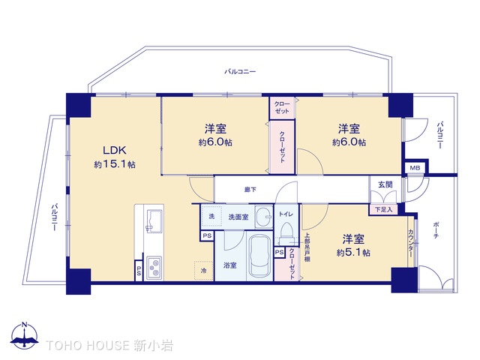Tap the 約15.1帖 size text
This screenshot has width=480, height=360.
pyautogui.click(x=115, y=164)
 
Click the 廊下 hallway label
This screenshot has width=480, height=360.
pyautogui.click(x=250, y=190)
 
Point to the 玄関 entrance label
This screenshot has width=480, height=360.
pyautogui.click(x=385, y=184)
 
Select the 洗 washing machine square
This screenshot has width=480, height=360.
pyautogui.click(x=211, y=216)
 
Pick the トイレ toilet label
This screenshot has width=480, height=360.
pyautogui.click(x=286, y=214)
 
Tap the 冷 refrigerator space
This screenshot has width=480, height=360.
pyautogui.click(x=202, y=269)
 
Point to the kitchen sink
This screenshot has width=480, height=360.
pyautogui.click(x=157, y=222)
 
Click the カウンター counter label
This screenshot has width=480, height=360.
pyautogui.click(x=411, y=246)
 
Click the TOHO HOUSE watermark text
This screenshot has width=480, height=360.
pyautogui.click(x=100, y=345)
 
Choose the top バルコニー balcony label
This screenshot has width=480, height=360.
pyautogui.click(x=240, y=71)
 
